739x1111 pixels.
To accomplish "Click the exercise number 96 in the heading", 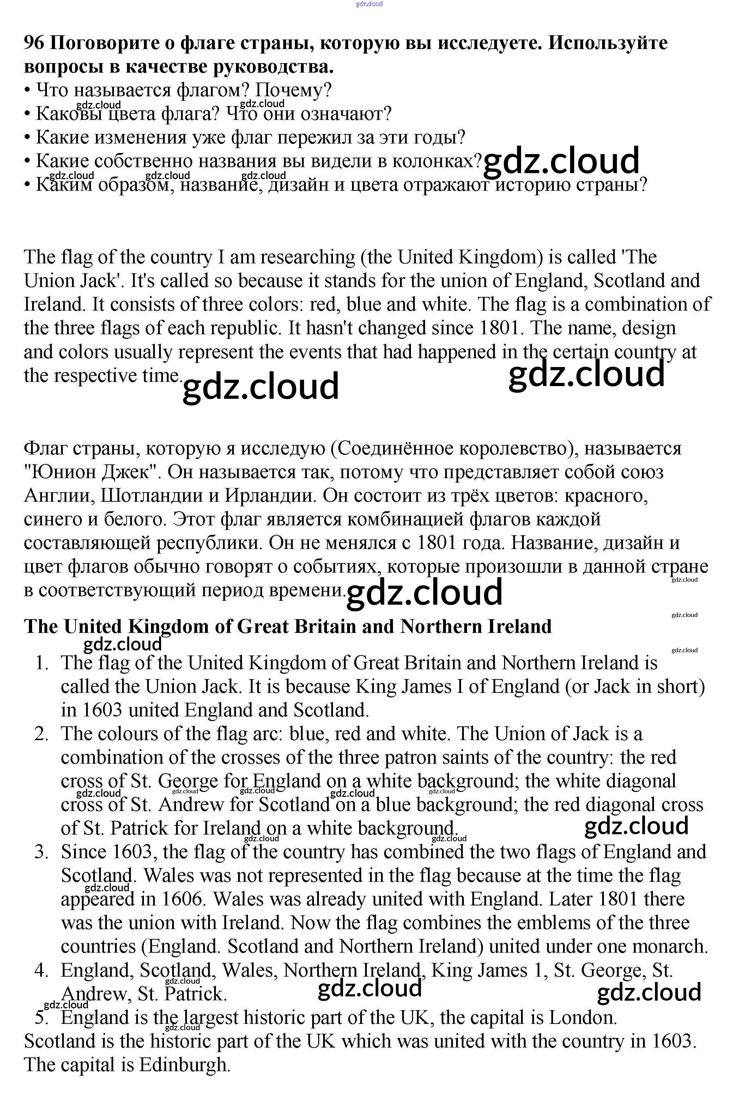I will click(34, 43).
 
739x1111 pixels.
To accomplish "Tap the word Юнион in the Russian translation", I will click(60, 472).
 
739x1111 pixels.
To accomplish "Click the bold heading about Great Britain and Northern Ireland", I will click(287, 627).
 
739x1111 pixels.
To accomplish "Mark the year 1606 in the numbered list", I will click(183, 899).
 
